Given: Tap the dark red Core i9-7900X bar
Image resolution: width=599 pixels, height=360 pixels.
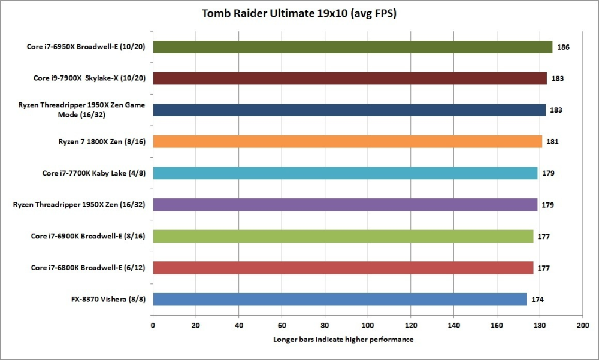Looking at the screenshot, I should click(x=350, y=78).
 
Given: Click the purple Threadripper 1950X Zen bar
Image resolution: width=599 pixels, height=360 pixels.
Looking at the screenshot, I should click(x=345, y=205).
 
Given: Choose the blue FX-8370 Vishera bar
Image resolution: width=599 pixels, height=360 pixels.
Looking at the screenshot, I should click(x=340, y=299).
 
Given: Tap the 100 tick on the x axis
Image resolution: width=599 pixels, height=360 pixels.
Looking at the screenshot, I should click(x=367, y=326).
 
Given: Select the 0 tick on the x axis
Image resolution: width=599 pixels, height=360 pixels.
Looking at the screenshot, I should click(x=153, y=326).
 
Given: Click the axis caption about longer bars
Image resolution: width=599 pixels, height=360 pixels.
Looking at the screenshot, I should click(x=343, y=340).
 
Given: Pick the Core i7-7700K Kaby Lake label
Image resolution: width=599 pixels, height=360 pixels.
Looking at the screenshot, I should click(x=94, y=173).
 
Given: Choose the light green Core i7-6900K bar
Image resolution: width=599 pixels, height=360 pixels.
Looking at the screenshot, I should click(x=343, y=236).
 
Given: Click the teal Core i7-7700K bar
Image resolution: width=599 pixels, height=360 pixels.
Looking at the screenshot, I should click(x=345, y=173).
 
